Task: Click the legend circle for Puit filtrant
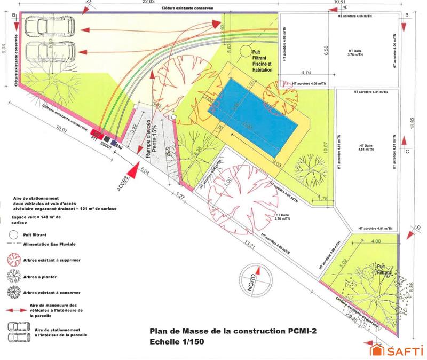click(x=12, y=234)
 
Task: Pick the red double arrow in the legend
click(x=15, y=308)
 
